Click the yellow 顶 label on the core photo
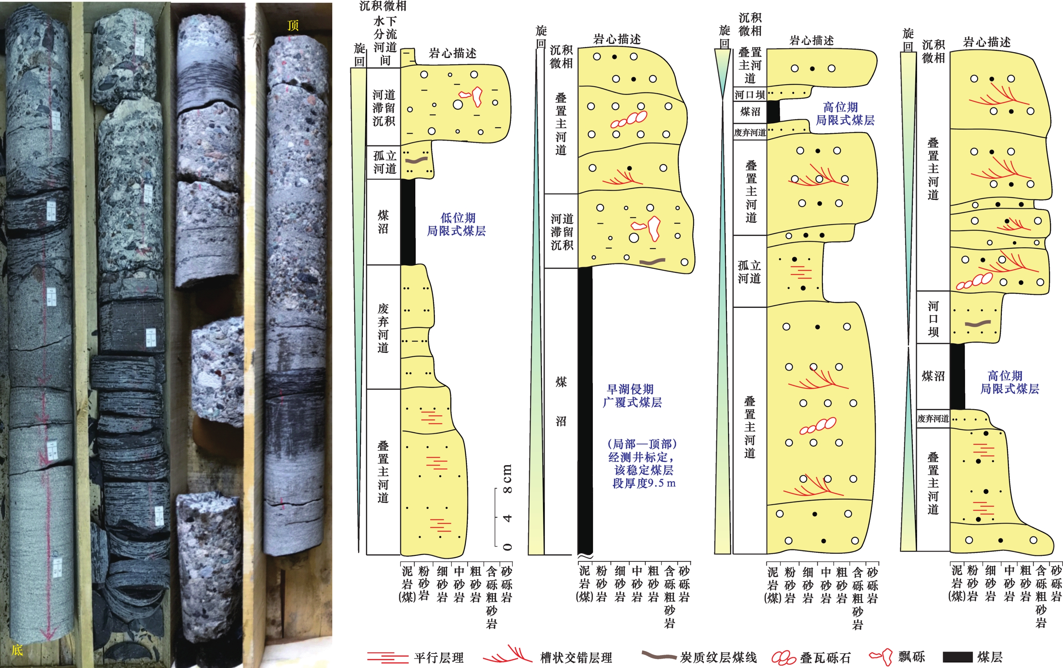coord(293,25)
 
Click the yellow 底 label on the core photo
coord(17,650)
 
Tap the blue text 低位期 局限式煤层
coord(456,224)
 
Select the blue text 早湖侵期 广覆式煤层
coord(632,396)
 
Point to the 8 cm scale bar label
coord(507,479)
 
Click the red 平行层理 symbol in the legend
coord(388,658)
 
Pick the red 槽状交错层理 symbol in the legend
coord(508,655)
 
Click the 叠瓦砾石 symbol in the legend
coord(784,658)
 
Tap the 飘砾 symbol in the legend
coord(881,657)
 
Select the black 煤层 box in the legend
coord(958,657)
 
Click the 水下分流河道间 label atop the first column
coord(385,41)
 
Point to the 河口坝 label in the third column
coord(750,94)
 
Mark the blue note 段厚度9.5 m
coord(644,483)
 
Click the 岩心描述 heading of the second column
coord(617,39)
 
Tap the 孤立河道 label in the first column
coord(384,162)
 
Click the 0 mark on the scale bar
coord(507,547)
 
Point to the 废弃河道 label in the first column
coord(383,328)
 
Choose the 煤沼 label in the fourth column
coord(933,376)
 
